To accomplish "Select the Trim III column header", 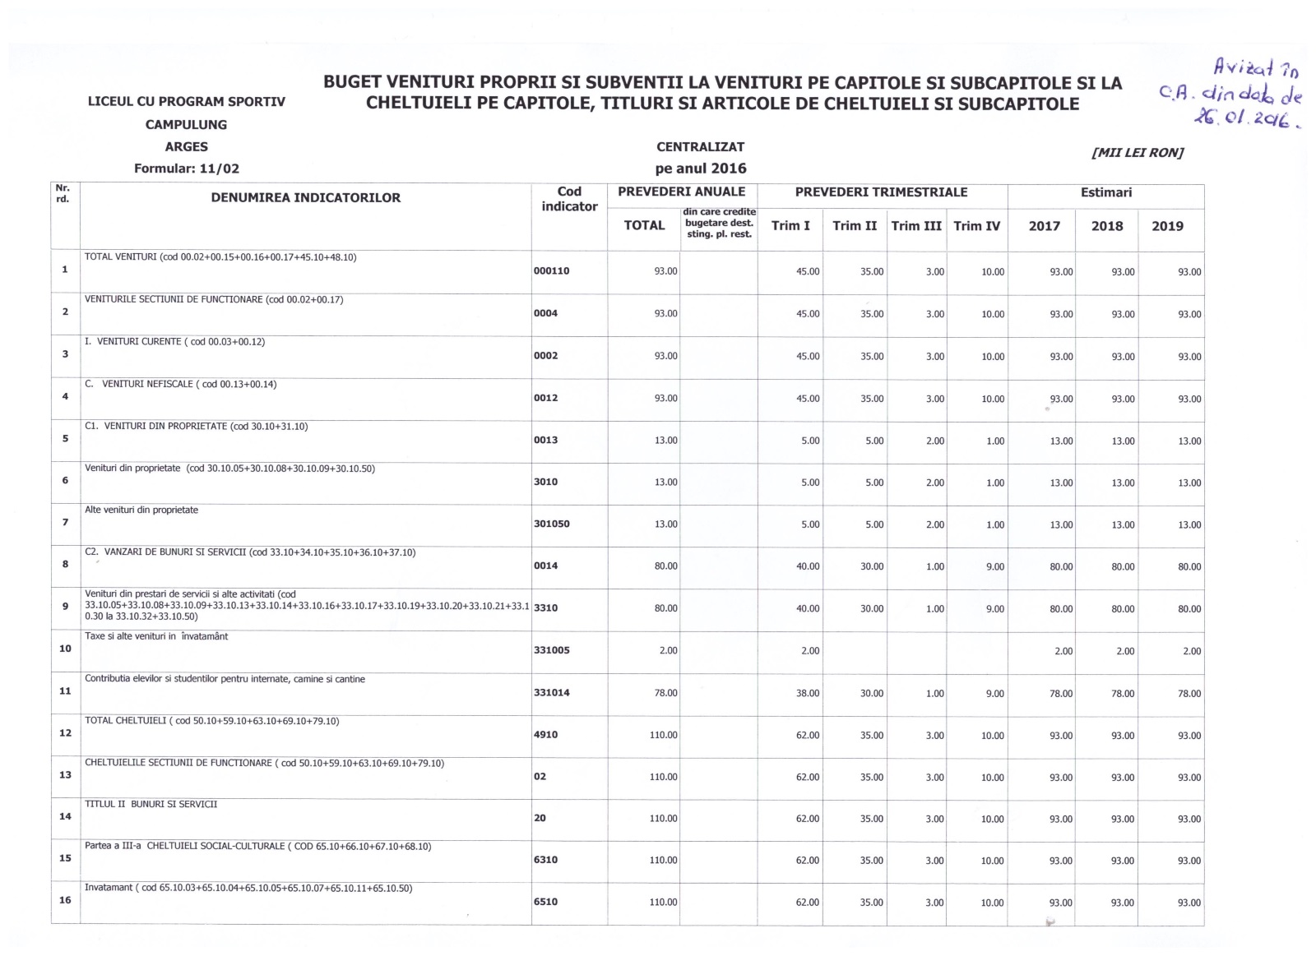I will point(916,226).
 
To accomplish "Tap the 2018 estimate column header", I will point(1106,226).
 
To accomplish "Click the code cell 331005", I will point(552,650).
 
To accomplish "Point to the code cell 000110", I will point(552,271).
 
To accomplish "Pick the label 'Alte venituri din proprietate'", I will point(141,510).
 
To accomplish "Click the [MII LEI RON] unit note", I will point(1138,153).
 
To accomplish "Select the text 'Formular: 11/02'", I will point(187,169).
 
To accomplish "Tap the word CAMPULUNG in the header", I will point(187,125).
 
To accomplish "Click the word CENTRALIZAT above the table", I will point(700,147).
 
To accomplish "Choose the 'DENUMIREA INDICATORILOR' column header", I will point(306,198).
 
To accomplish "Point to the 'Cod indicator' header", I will point(569,199).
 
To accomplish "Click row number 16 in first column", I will point(65,900).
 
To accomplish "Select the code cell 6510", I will point(546,902).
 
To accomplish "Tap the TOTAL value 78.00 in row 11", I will point(665,693).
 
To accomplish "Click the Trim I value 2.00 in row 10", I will point(810,651).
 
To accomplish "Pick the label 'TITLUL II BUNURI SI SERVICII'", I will point(151,804).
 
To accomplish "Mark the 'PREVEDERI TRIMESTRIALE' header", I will point(881,192).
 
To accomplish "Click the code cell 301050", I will point(552,524).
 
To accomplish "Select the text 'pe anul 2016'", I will point(701,169).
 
